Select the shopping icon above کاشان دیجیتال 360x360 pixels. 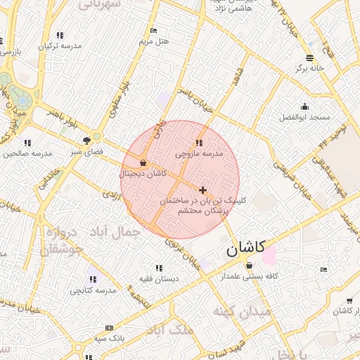[143, 163]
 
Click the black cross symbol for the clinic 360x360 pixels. [202, 190]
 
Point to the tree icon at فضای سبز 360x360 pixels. [87, 140]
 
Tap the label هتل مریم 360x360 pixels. [154, 41]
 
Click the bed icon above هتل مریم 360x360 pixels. [154, 31]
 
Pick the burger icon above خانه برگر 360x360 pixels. [310, 57]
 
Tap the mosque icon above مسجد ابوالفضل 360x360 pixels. [304, 107]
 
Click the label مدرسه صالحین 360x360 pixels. [28, 153]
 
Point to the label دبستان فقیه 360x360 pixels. [159, 278]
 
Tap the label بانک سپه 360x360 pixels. [109, 338]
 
